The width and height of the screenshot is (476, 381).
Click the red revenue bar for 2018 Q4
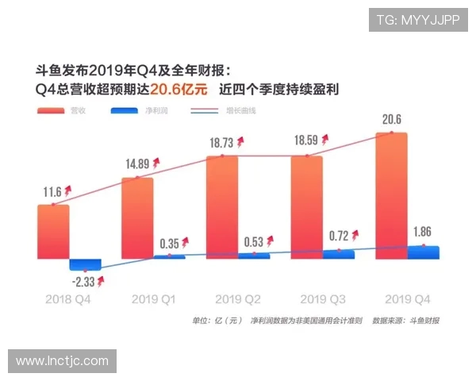click(x=53, y=232)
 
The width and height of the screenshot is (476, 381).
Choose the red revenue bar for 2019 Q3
click(x=307, y=207)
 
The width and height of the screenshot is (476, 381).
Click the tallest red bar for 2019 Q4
click(x=391, y=195)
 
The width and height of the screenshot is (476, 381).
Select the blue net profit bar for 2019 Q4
click(x=423, y=252)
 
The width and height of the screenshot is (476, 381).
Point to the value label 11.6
click(x=52, y=191)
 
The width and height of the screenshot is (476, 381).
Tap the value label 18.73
click(x=221, y=143)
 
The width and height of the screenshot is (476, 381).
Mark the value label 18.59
click(x=306, y=143)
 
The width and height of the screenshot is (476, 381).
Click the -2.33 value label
click(x=83, y=282)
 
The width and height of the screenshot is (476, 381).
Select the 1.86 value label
click(x=423, y=232)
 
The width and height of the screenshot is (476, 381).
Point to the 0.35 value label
click(x=168, y=242)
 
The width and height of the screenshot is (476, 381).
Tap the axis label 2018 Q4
click(x=68, y=300)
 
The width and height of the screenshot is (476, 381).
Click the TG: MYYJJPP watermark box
click(x=417, y=20)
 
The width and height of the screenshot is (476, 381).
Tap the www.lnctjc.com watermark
click(x=62, y=361)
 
